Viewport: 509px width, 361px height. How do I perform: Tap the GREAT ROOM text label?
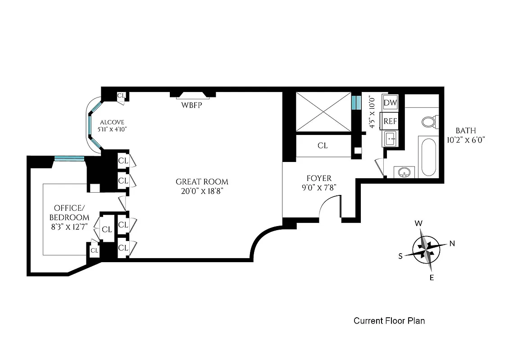click(x=202, y=182)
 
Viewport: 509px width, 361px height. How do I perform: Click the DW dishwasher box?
click(x=390, y=103)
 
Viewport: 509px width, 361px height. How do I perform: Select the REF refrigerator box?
click(x=390, y=121)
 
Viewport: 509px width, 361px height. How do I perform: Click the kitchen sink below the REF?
click(x=390, y=139)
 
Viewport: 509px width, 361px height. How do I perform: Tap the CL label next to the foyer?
click(x=323, y=146)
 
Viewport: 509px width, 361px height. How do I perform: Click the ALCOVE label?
click(x=112, y=122)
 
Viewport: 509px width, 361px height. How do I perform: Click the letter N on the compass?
click(x=452, y=244)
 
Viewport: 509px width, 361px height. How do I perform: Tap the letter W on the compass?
click(x=418, y=223)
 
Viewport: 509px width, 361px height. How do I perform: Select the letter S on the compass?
click(x=400, y=256)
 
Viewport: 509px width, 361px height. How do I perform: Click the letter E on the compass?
click(x=432, y=278)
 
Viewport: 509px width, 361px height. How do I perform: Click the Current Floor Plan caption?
click(x=389, y=321)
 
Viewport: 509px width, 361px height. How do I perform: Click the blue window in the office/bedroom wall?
click(x=69, y=158)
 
